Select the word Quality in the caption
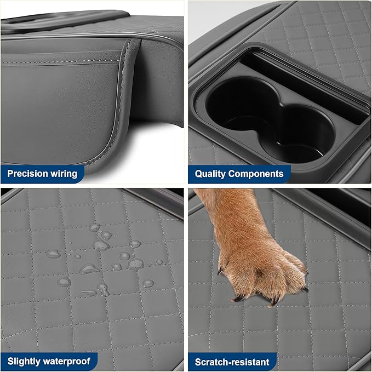click(x=211, y=174)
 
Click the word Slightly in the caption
click(x=24, y=362)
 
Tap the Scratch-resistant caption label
click(x=232, y=362)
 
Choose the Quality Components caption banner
click(x=239, y=174)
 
